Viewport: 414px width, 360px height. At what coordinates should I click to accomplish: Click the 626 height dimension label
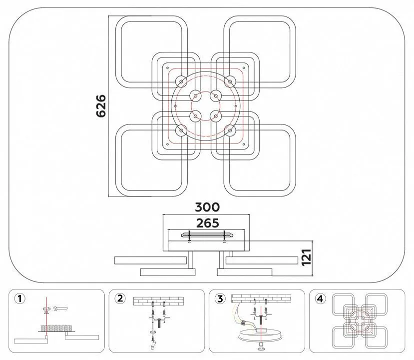coord(101,106)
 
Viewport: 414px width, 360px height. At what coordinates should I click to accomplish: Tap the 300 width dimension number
coord(207,207)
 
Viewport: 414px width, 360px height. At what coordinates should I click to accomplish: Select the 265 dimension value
coord(208,223)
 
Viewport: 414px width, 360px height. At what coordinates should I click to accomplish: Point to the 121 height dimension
coord(306,257)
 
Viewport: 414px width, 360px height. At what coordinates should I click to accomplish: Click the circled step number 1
coord(19,298)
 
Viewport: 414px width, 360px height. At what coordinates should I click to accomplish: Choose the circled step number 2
coord(120,298)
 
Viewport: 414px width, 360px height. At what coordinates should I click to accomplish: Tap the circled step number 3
coord(220,298)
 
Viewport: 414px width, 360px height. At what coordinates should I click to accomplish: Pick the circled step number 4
coord(320,298)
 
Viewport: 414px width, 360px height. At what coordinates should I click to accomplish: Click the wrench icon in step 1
coord(60,308)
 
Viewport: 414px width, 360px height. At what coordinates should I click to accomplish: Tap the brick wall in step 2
coord(158,301)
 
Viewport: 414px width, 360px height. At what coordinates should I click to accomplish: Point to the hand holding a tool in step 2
coord(153,344)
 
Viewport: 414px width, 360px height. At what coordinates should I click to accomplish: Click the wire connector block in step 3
coord(244,323)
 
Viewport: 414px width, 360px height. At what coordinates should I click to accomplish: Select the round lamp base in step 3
coord(261,334)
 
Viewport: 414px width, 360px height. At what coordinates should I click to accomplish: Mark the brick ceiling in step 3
coord(261,298)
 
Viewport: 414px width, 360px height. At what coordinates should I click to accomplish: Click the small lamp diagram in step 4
coord(360,321)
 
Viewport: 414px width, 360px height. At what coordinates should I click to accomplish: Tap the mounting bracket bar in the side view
coord(207,235)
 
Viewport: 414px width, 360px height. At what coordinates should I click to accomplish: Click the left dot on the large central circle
coord(175,106)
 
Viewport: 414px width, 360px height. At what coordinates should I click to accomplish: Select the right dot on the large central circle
coord(236,106)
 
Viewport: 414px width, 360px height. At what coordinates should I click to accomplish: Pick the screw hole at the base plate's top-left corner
coord(167,68)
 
